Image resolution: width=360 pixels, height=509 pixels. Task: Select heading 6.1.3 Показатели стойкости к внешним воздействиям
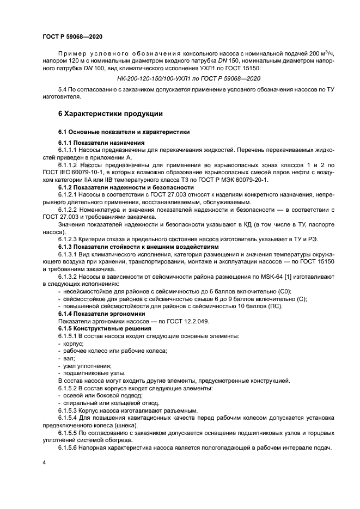tap(136, 247)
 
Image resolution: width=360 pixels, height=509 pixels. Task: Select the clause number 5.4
tap(64, 89)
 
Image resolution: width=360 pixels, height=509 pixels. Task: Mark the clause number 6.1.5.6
tap(70, 447)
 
